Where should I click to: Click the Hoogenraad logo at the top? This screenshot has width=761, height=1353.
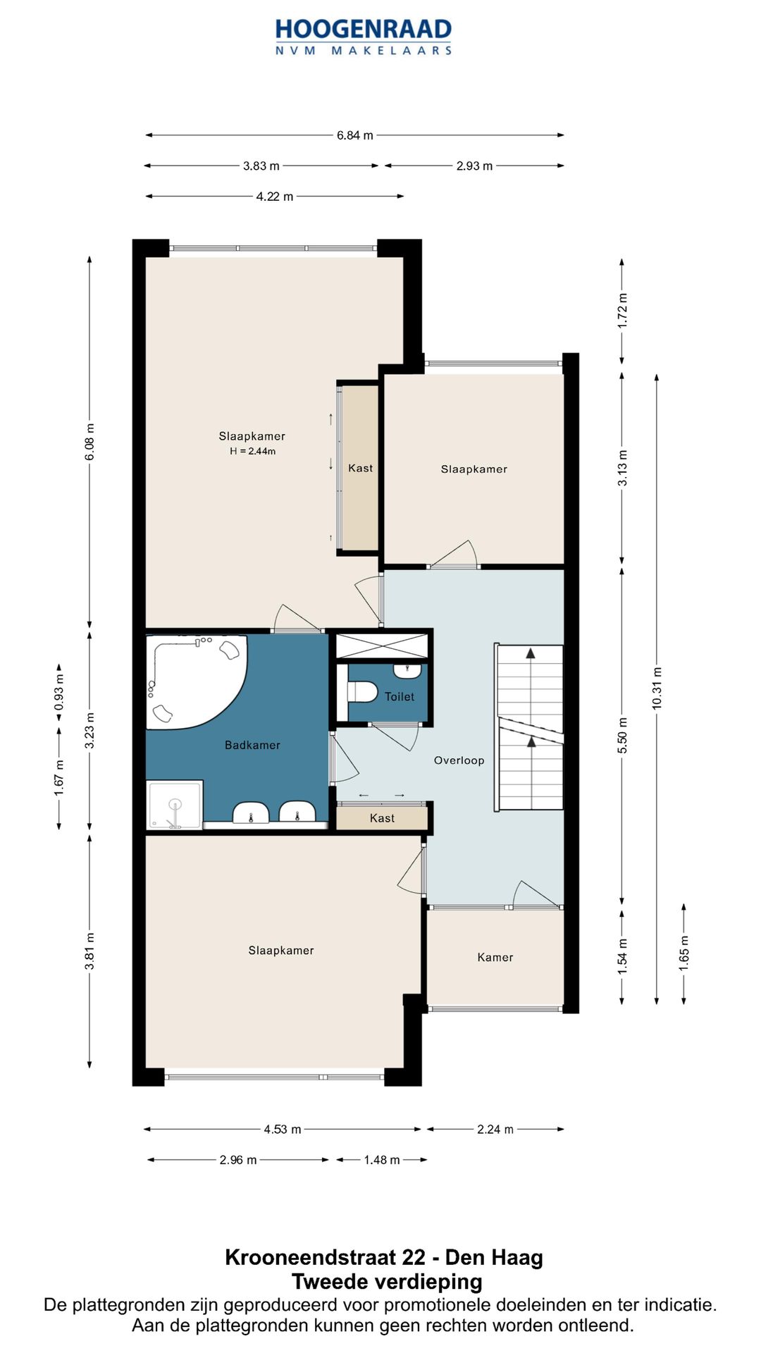point(363,37)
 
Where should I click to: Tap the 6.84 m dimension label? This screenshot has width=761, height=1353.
point(354,135)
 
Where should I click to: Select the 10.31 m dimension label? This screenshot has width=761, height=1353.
point(657,688)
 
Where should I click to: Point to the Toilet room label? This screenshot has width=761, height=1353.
point(400,697)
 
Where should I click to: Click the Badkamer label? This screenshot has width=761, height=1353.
point(252,745)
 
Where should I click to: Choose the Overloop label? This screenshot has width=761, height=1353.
point(459,760)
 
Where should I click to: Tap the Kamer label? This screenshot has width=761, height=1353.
point(495,957)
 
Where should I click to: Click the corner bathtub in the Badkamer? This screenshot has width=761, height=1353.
point(196,681)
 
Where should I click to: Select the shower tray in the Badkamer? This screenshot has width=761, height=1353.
point(175,804)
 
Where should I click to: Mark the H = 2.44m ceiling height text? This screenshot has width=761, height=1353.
point(252,451)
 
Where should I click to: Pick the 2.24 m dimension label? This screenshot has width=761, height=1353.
point(495,1129)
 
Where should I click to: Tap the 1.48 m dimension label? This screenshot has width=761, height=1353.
point(382,1160)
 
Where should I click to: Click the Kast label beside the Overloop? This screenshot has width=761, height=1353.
point(382,818)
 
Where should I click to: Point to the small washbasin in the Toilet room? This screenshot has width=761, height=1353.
point(407,669)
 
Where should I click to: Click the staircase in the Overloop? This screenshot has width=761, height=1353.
point(531,727)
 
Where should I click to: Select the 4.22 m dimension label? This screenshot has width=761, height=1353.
point(275,197)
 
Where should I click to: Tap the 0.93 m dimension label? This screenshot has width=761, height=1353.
point(59,692)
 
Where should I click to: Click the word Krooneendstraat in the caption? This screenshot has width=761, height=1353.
point(325,1257)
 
